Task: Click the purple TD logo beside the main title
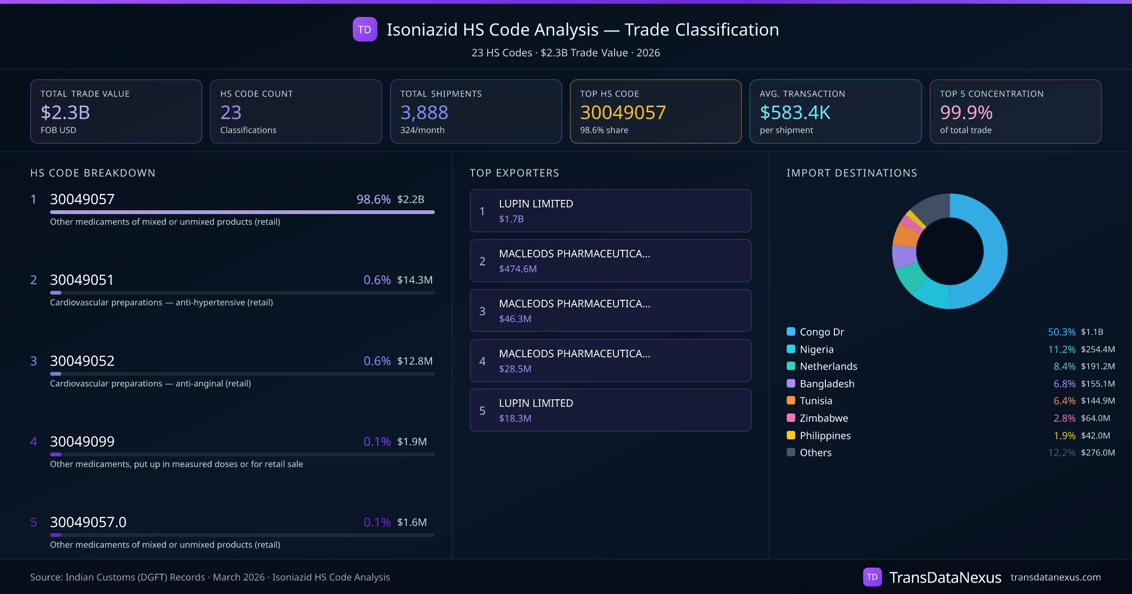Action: tap(365, 29)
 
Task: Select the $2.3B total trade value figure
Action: tap(65, 113)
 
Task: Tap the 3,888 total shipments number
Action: tap(424, 113)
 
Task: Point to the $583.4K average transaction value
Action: tap(795, 113)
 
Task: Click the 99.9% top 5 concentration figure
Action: tap(966, 113)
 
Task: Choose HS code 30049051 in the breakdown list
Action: tap(82, 280)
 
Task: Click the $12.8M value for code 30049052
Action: tap(415, 361)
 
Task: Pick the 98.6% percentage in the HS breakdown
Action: tap(373, 199)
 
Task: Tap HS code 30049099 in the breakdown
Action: tap(82, 442)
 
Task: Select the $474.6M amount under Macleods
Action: tap(517, 269)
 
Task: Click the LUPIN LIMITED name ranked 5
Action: tap(536, 403)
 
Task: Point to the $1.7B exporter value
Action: tap(511, 219)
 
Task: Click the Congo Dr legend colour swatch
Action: tap(791, 331)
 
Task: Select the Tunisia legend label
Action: tap(816, 401)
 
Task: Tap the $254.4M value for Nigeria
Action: tap(1098, 349)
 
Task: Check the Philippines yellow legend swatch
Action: tap(791, 435)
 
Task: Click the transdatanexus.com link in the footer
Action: tap(1056, 577)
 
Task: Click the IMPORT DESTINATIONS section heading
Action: tap(852, 173)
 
